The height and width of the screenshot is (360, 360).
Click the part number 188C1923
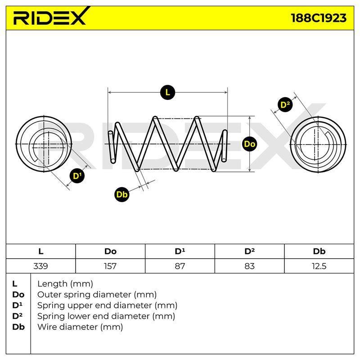(319, 18)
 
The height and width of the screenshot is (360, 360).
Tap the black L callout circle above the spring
(167, 92)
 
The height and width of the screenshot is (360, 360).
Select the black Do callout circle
(250, 144)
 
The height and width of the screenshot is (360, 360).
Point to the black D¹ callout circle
(77, 176)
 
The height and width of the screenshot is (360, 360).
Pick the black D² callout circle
(285, 105)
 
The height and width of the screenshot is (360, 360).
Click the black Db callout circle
(121, 194)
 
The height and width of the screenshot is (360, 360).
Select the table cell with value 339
(40, 266)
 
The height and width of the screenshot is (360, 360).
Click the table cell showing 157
(110, 266)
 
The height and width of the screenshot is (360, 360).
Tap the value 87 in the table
(180, 266)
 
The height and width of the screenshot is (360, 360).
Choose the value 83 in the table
(249, 266)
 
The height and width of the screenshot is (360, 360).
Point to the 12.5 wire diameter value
(319, 266)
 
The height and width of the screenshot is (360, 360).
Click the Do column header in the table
(110, 252)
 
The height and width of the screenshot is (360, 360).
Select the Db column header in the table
(319, 252)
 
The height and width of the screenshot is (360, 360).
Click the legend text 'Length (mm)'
(65, 284)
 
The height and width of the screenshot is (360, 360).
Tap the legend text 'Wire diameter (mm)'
(80, 327)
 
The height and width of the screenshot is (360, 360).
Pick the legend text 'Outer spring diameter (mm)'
(97, 295)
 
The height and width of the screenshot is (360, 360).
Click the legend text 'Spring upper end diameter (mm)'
(107, 306)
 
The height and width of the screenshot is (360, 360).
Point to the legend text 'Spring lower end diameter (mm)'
(106, 316)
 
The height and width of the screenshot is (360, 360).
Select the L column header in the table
(40, 252)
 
